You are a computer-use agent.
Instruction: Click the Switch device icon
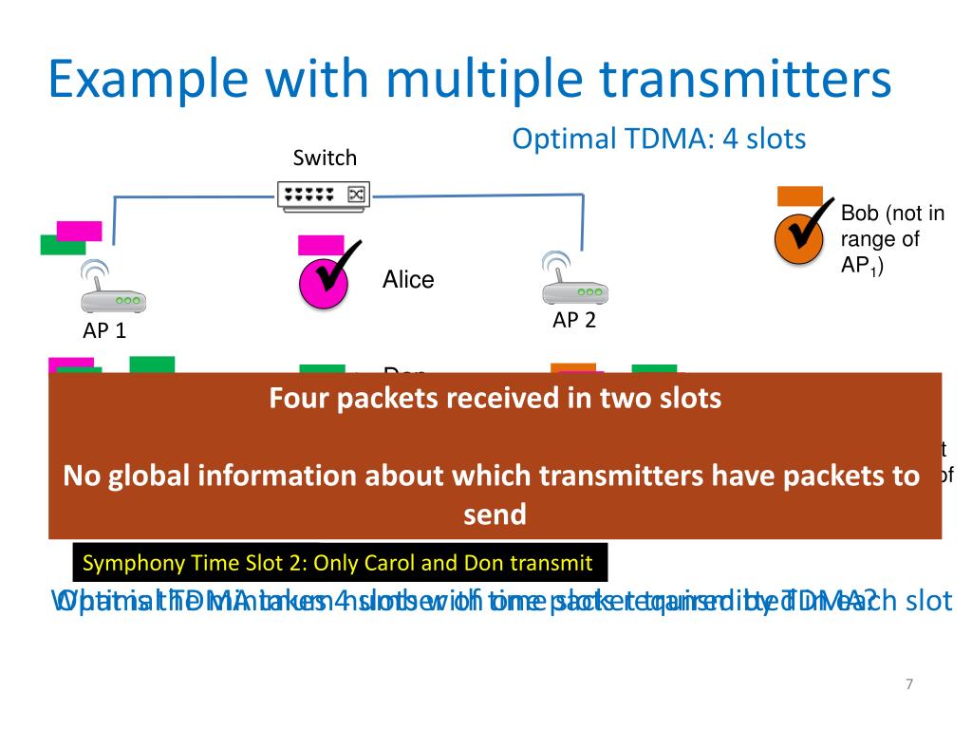[x=324, y=195]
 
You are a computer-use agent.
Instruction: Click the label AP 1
[x=103, y=331]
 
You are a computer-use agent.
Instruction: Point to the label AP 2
[x=574, y=321]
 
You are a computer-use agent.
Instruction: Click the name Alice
[x=408, y=280]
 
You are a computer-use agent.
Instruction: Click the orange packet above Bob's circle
[x=799, y=196]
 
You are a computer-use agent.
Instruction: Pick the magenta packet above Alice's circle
[x=320, y=245]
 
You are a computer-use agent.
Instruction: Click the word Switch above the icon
[x=325, y=158]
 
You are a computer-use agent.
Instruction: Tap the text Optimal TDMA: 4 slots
[x=659, y=139]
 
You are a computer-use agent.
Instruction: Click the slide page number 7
[x=908, y=685]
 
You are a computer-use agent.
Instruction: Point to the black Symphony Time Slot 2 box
[x=340, y=564]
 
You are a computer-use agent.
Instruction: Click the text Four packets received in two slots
[x=495, y=398]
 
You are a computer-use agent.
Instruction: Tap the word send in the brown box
[x=495, y=514]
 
